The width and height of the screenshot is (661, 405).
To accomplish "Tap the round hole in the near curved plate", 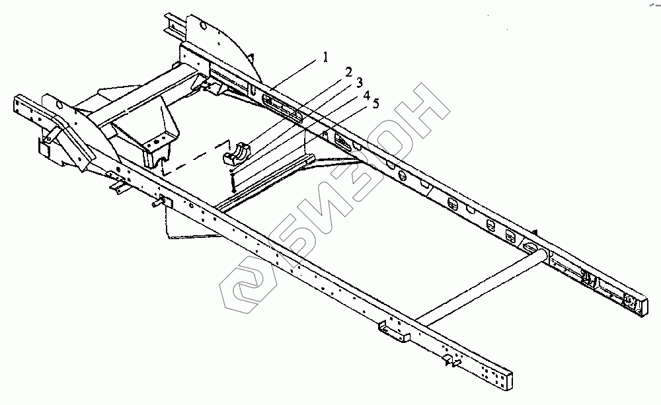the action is point(58,104).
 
